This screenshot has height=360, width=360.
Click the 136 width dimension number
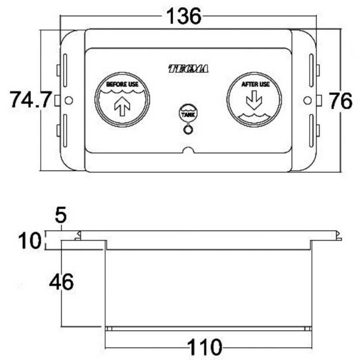tap(182, 16)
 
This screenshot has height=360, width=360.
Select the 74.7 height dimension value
tap(31, 100)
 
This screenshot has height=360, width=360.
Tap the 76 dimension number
tap(340, 100)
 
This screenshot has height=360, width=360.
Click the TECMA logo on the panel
tap(188, 70)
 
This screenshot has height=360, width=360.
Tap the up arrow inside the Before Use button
tap(122, 107)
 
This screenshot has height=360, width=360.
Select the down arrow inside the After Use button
tap(254, 99)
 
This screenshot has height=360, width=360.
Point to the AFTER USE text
tap(255, 85)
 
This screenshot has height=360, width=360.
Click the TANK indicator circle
tap(188, 113)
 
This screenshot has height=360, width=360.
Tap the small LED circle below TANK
tap(188, 128)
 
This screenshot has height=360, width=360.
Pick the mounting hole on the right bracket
tap(307, 100)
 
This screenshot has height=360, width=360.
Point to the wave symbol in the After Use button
tap(254, 114)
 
